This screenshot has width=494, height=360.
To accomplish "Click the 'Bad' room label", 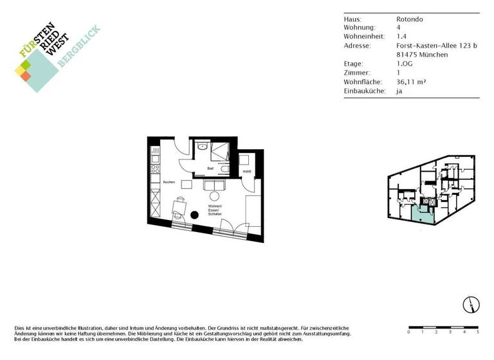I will coord(210,168).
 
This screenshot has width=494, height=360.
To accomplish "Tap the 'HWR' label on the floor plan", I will coord(247,172).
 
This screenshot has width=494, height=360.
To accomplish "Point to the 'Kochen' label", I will coord(169,182).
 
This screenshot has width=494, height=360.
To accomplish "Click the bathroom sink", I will coord(204,146).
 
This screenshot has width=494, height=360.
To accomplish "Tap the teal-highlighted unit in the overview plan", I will coord(424,213).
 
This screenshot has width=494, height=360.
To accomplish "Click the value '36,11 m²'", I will coord(412,82).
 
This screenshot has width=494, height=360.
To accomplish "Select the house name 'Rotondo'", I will coord(410,19).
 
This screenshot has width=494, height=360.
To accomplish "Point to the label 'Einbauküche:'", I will coord(365,91).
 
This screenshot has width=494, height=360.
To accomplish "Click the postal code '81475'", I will coord(407,55).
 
